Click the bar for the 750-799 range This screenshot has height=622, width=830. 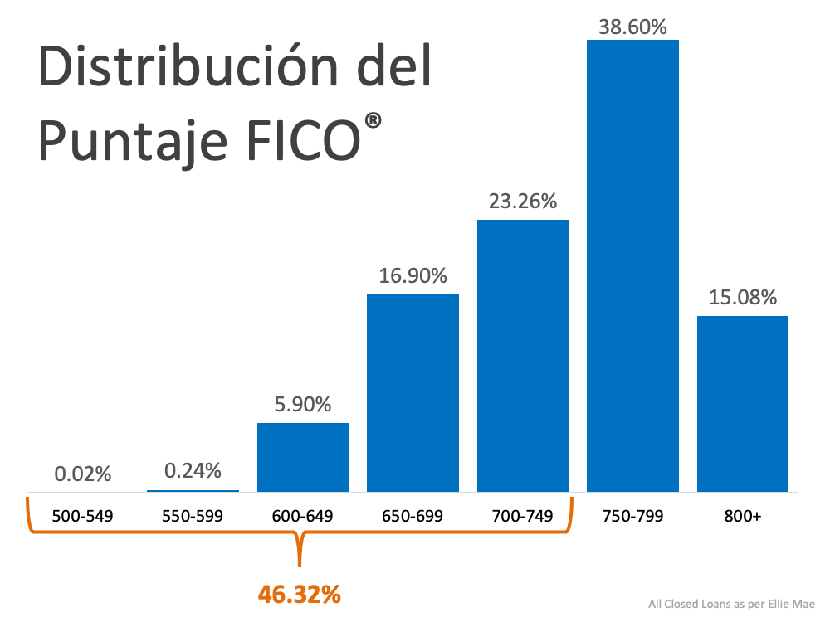point(632,265)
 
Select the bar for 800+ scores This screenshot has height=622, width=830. point(742,403)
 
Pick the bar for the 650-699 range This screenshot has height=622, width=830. point(413,392)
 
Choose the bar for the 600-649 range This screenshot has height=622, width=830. point(303,457)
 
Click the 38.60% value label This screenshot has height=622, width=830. point(632,27)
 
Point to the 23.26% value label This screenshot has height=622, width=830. point(523,202)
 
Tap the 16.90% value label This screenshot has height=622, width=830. point(413,276)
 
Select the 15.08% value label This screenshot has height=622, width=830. point(742,297)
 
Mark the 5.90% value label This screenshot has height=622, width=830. point(303,405)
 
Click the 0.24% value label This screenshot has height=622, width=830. point(193,471)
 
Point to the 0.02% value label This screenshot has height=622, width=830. point(83,474)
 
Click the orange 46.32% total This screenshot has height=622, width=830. point(300,594)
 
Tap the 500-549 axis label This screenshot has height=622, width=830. point(82,516)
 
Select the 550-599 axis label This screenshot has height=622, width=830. point(193,516)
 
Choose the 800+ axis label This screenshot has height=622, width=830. point(742,516)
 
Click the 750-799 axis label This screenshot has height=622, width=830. point(632,516)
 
